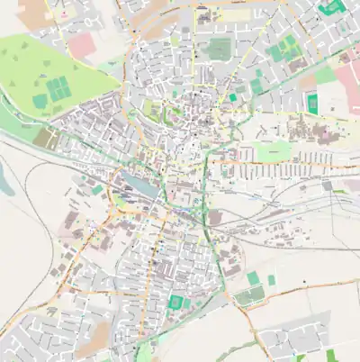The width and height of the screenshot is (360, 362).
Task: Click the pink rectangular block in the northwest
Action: [x=81, y=45]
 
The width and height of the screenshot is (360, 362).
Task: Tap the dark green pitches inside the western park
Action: [x=58, y=88]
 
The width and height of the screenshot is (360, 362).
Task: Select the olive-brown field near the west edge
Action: [x=45, y=139]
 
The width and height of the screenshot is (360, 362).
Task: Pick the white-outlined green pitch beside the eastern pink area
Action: [x=313, y=104]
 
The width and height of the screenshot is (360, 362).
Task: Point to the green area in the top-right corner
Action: [x=333, y=6]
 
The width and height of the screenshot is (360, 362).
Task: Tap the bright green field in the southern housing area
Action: [x=176, y=302]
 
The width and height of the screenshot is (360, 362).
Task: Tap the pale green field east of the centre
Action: [x=274, y=150]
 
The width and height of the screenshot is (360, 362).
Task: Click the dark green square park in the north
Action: [x=220, y=49]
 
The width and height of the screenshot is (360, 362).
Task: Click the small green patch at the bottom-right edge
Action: [x=330, y=355]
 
